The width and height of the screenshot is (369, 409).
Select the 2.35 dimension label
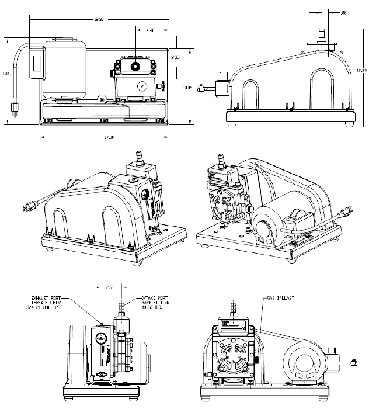tap(175, 58)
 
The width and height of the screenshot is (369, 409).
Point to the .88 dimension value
tap(343, 12)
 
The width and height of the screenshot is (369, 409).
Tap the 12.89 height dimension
tap(363, 71)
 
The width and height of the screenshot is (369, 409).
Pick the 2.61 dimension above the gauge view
tap(111, 287)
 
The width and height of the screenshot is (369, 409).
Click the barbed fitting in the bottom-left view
tap(123, 307)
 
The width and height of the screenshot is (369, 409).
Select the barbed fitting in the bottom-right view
tap(233, 306)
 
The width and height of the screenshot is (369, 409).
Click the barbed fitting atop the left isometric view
tap(139, 157)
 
